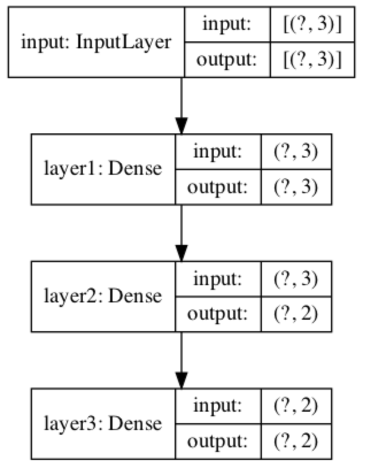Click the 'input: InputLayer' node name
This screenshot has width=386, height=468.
[95, 42]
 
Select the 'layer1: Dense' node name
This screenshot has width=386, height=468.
[103, 169]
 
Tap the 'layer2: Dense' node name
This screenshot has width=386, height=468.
[103, 296]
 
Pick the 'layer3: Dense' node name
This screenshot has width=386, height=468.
[103, 424]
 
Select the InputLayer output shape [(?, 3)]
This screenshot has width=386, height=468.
[312, 60]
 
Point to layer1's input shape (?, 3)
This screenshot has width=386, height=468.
[296, 152]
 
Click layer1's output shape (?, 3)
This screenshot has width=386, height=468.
[296, 187]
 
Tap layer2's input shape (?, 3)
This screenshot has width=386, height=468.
[296, 279]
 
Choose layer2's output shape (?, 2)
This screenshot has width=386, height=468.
[296, 314]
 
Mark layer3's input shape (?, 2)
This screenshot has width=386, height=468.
[296, 406]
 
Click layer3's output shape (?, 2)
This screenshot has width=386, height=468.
[296, 442]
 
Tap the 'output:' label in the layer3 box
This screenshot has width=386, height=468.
[218, 442]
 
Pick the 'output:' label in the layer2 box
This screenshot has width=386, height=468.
[218, 314]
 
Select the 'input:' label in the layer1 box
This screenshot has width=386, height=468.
[218, 152]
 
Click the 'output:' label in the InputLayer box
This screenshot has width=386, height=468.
[227, 60]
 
